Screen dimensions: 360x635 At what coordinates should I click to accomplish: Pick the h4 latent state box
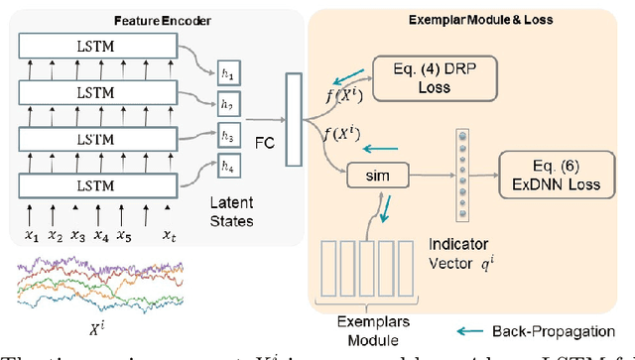(x=231, y=170)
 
